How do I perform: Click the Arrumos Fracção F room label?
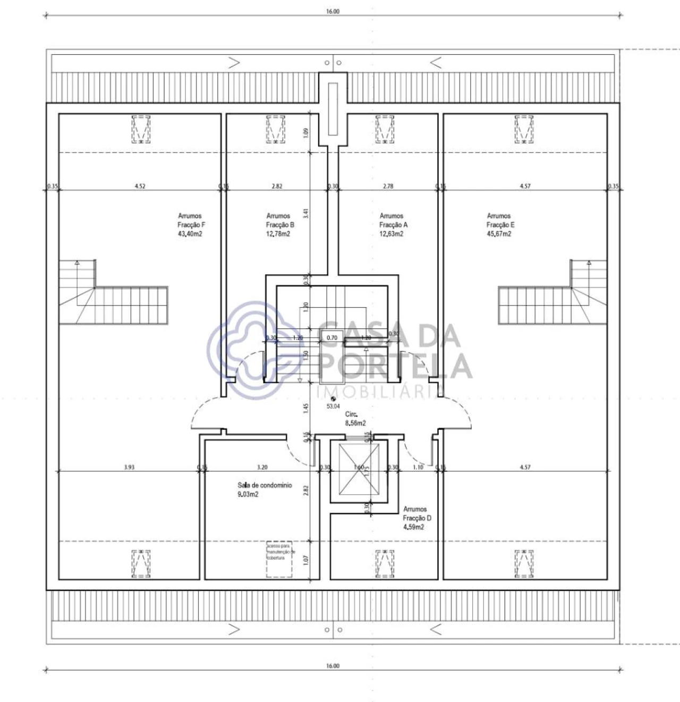[x=191, y=225]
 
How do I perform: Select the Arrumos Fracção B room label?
[x=279, y=225]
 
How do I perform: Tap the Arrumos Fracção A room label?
[x=393, y=225]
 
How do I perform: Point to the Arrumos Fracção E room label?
[x=500, y=225]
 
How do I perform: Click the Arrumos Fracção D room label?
[x=416, y=518]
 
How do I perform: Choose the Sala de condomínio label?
[x=264, y=489]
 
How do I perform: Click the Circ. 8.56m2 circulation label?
[x=355, y=419]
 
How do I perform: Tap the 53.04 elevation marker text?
[x=333, y=406]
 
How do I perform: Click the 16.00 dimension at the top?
[x=333, y=11]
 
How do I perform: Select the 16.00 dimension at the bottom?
[x=333, y=666]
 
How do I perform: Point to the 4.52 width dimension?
[x=140, y=186]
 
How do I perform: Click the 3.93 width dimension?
[x=129, y=467]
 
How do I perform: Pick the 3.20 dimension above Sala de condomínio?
[x=262, y=467]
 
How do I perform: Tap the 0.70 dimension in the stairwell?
[x=332, y=337]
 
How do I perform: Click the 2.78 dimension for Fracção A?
[x=388, y=186]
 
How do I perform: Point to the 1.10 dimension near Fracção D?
[x=418, y=467]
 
